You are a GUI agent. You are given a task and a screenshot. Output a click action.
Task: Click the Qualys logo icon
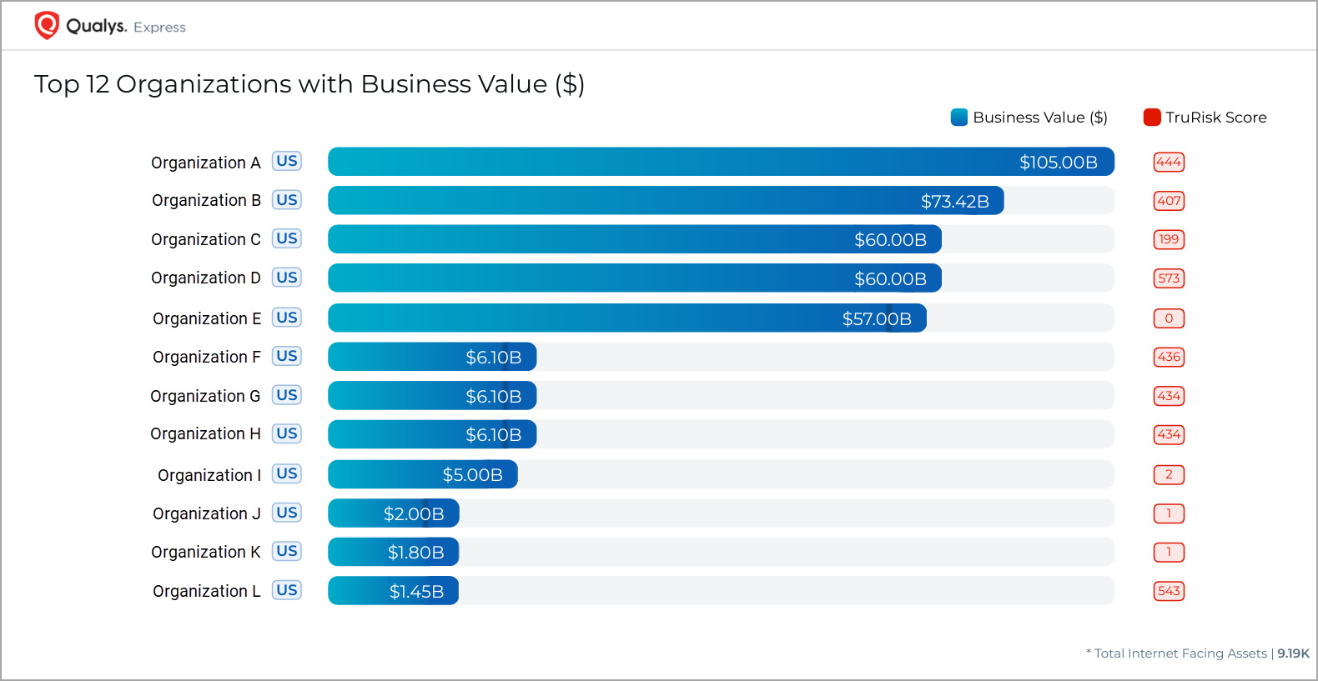point(47,25)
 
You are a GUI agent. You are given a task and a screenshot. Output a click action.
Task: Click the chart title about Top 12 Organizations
point(309,84)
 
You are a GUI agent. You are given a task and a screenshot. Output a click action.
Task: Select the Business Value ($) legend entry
point(1029,118)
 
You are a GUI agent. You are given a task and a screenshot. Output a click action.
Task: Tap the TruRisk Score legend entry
point(1205,118)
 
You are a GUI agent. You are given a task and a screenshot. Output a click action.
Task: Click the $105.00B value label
point(1058,163)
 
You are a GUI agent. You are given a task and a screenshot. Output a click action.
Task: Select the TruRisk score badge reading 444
point(1169,162)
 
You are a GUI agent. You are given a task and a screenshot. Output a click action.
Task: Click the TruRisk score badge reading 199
point(1169,239)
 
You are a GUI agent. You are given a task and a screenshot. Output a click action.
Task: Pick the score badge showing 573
point(1169,278)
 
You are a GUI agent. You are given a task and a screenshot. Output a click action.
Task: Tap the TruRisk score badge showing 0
point(1169,318)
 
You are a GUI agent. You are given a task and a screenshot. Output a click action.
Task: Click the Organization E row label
point(207,318)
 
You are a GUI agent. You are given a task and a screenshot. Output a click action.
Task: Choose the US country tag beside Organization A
point(287,161)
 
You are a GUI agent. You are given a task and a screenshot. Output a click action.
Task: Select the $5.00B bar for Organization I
point(422,474)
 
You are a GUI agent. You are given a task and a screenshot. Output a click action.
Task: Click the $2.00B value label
point(414,514)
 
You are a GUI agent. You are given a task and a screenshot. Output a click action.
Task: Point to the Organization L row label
point(207,591)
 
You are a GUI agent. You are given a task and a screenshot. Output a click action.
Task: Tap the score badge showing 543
point(1169,591)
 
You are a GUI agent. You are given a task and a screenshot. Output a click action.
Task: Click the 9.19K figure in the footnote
point(1293,653)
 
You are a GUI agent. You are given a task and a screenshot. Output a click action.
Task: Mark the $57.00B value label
point(877,319)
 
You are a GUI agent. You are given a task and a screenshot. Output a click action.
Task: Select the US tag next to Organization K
point(287,551)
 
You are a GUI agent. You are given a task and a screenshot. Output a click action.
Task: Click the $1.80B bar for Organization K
point(393,552)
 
